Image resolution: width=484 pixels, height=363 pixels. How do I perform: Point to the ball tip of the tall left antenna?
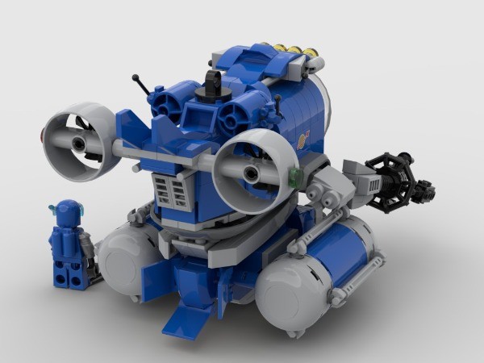click(x=135, y=78)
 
